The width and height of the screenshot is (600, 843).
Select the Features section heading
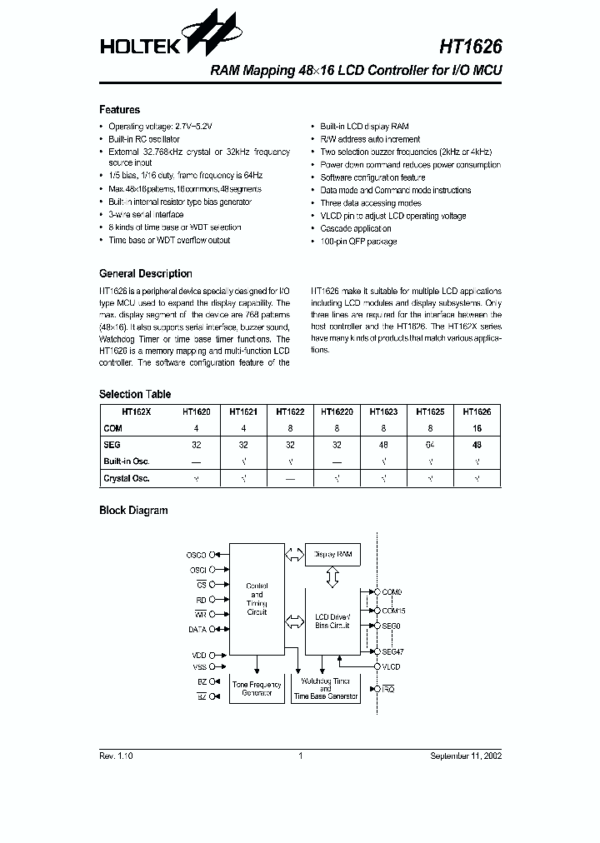pyautogui.click(x=119, y=110)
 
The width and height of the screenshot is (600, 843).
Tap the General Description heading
pyautogui.click(x=145, y=273)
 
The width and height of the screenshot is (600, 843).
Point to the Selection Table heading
pyautogui.click(x=135, y=394)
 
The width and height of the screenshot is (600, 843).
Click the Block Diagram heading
pyautogui.click(x=133, y=511)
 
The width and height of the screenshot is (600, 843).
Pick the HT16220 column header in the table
pyautogui.click(x=337, y=412)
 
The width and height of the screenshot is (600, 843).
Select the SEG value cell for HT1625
pyautogui.click(x=430, y=446)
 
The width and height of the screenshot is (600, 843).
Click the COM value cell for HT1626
pyautogui.click(x=477, y=428)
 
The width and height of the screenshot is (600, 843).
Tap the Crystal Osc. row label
pyautogui.click(x=127, y=479)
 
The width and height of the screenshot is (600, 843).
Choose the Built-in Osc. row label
pyautogui.click(x=127, y=461)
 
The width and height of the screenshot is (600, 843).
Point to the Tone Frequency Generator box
pyautogui.click(x=257, y=689)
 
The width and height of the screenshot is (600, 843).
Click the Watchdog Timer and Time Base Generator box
pyautogui.click(x=325, y=689)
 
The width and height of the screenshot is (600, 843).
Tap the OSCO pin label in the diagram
pyautogui.click(x=197, y=554)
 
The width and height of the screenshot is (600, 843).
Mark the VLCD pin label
pyautogui.click(x=391, y=666)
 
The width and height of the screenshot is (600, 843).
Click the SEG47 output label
pyautogui.click(x=392, y=651)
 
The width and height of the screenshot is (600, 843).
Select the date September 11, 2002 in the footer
pyautogui.click(x=466, y=756)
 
